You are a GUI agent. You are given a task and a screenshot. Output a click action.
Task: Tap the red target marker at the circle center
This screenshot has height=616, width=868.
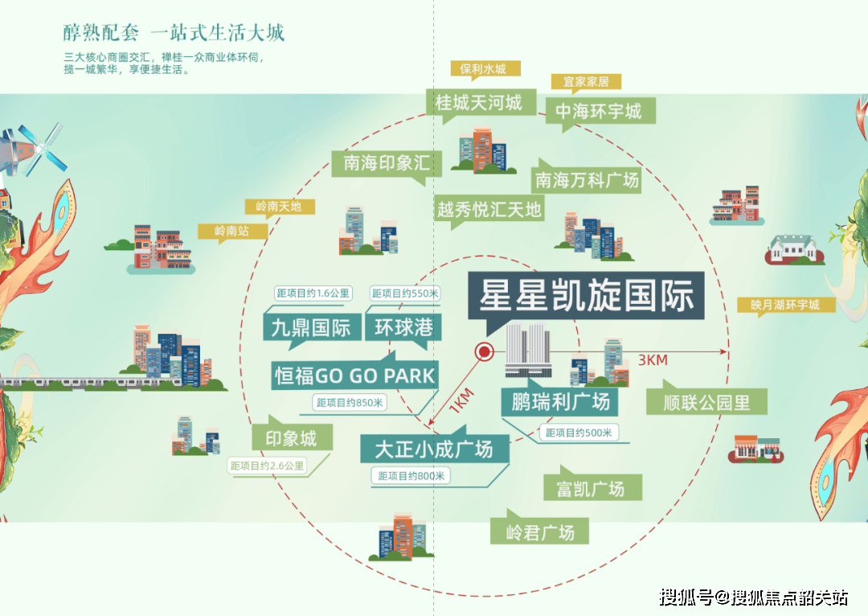(484, 351)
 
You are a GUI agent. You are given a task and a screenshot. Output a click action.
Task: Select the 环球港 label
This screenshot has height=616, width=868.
(404, 327)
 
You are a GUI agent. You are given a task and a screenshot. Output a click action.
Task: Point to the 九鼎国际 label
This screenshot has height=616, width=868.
(311, 327)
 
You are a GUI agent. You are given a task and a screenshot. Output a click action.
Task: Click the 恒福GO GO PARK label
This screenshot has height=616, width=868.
(354, 375)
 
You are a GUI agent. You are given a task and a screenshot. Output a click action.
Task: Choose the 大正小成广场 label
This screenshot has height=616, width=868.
(433, 449)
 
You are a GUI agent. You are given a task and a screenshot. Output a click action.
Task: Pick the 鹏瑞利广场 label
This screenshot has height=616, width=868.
(560, 400)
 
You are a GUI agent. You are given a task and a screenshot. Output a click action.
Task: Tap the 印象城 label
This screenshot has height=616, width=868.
(285, 438)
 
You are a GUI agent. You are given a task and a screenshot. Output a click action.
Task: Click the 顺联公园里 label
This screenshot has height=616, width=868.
(706, 402)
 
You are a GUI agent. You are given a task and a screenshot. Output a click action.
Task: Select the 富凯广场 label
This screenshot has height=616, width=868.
(590, 488)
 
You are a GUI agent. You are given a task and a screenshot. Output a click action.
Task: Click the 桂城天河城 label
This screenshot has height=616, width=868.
(478, 102)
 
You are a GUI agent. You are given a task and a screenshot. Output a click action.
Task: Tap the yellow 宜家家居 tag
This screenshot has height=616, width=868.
(586, 81)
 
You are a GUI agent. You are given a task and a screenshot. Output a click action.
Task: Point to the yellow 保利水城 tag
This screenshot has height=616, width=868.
(484, 68)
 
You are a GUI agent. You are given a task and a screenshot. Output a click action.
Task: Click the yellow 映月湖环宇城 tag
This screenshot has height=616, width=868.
(786, 306)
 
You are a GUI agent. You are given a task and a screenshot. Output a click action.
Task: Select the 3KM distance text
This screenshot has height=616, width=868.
(653, 360)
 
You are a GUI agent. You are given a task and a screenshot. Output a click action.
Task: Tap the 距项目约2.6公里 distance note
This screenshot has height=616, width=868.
(268, 465)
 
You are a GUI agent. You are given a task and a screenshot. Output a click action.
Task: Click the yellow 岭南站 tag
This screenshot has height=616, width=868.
(231, 232)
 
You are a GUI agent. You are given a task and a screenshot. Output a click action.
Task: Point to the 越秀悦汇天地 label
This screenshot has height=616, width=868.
(489, 210)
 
